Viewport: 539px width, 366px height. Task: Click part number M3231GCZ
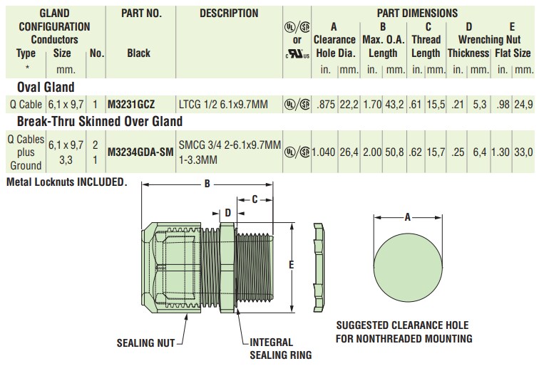[x=130, y=104]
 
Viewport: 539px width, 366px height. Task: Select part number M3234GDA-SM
[x=140, y=151]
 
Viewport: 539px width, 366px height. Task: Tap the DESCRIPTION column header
[x=229, y=13]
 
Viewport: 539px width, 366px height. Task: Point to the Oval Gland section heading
[x=46, y=87]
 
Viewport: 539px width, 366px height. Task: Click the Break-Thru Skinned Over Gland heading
[x=100, y=121]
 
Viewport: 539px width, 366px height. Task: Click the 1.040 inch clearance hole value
[x=323, y=151]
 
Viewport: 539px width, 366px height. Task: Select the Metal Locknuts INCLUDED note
[x=66, y=182]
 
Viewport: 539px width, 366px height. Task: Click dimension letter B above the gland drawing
[x=207, y=184]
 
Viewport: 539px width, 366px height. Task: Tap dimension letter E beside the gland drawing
[x=292, y=264]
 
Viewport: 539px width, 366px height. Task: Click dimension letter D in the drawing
[x=227, y=212]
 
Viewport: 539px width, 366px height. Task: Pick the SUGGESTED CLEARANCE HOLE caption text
[x=404, y=331]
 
